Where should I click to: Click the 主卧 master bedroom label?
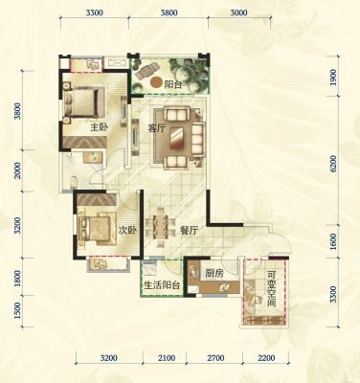[100, 127]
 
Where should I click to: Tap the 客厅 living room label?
[157, 128]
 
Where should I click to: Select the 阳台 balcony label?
[173, 85]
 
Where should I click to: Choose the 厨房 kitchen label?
[214, 273]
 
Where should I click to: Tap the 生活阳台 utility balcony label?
[162, 285]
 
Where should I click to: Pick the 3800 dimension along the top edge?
[169, 13]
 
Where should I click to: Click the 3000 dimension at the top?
[238, 13]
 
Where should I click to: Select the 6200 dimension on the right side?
[333, 164]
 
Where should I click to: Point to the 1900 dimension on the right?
[333, 77]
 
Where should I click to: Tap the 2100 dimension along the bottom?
[167, 358]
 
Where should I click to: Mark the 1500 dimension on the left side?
[17, 310]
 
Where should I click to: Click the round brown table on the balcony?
[156, 82]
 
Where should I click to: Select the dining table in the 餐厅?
[161, 227]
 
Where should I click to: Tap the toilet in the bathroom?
[74, 182]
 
